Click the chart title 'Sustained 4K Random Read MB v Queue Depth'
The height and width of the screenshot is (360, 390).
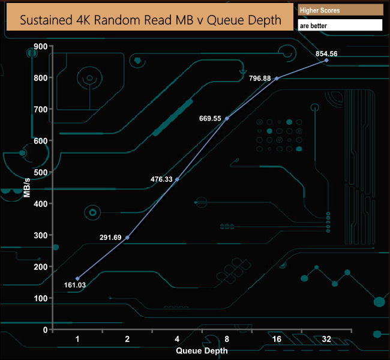pos(151,20)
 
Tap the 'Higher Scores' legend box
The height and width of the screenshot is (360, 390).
pos(340,10)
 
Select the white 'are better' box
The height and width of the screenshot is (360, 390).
pos(340,26)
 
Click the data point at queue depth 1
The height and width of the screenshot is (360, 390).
pos(77,278)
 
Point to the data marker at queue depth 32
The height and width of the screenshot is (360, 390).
pos(326,60)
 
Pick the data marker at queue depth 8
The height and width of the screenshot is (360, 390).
pos(227,118)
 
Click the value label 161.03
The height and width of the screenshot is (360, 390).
pos(74,286)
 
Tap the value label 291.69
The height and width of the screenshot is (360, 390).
pos(111,238)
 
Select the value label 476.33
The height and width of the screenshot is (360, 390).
pos(161,179)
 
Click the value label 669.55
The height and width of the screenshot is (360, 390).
pos(211,119)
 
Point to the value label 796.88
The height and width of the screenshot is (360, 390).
pos(260,78)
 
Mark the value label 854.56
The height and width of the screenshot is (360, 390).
pos(326,53)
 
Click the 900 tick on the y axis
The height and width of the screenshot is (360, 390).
pos(40,46)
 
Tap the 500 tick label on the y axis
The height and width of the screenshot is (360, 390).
pos(40,172)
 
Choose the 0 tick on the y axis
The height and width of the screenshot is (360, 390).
pos(44,329)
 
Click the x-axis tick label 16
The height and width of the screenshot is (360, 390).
pos(276,339)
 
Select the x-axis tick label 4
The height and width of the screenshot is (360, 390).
pos(176,339)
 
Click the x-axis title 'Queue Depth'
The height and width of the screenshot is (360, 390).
pos(201,351)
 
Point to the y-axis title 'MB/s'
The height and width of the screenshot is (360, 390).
pos(28,188)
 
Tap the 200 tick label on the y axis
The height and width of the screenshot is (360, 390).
pos(40,266)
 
